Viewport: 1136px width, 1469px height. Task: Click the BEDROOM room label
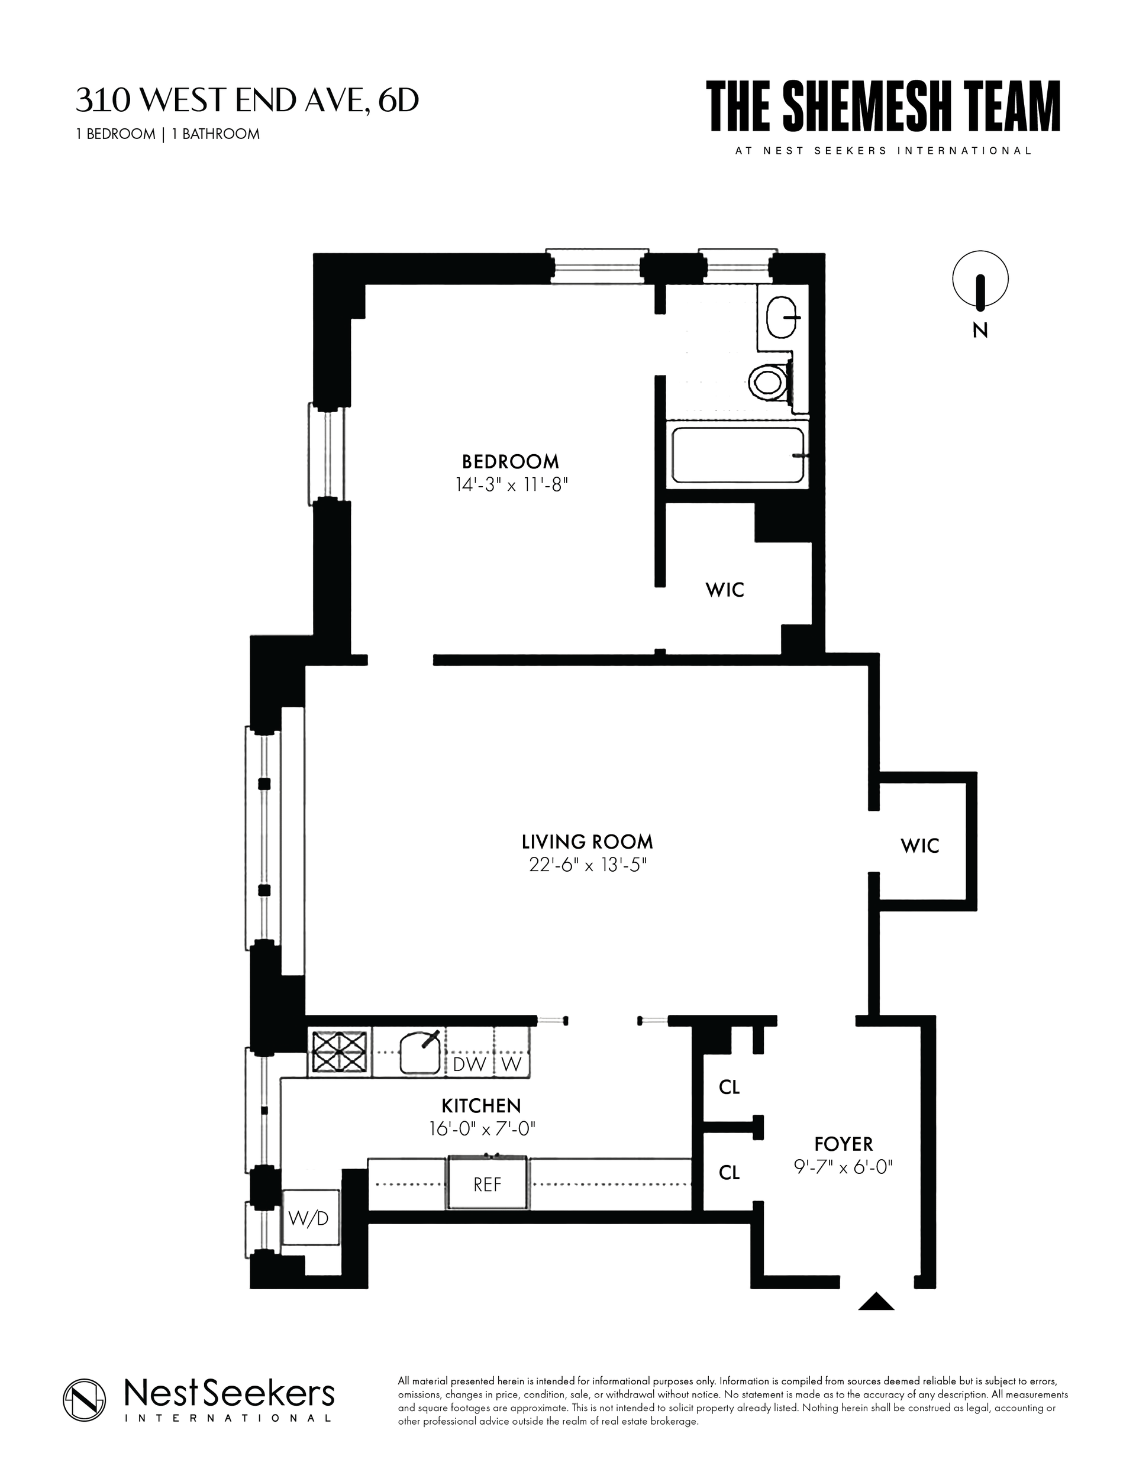(510, 461)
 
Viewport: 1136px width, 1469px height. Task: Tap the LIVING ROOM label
(588, 842)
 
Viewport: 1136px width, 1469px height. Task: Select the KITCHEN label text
(481, 1105)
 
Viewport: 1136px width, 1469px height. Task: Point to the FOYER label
(843, 1144)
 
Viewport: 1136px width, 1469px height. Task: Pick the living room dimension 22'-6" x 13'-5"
(588, 865)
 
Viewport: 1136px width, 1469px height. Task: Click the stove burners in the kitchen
(340, 1051)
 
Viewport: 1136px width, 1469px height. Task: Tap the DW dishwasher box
(470, 1064)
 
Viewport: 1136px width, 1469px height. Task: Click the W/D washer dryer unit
(309, 1218)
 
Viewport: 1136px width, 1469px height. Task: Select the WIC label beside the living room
(920, 846)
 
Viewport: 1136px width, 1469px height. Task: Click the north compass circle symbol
(980, 279)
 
